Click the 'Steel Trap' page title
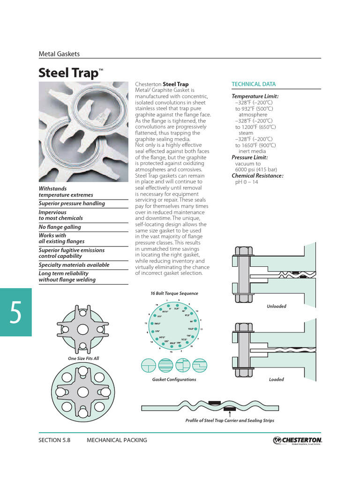(x=69, y=73)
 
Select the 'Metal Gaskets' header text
(x=59, y=54)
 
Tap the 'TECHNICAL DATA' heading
(x=254, y=84)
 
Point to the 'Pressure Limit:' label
(x=249, y=158)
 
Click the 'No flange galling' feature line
(x=60, y=227)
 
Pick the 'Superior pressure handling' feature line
(x=72, y=203)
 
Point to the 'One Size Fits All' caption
(x=83, y=359)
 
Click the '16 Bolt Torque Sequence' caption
(x=174, y=293)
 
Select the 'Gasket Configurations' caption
(x=174, y=380)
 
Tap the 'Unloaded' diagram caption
(x=276, y=306)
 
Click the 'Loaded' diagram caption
(x=276, y=380)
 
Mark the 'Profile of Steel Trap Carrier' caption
(x=230, y=420)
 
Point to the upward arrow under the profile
(x=230, y=412)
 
